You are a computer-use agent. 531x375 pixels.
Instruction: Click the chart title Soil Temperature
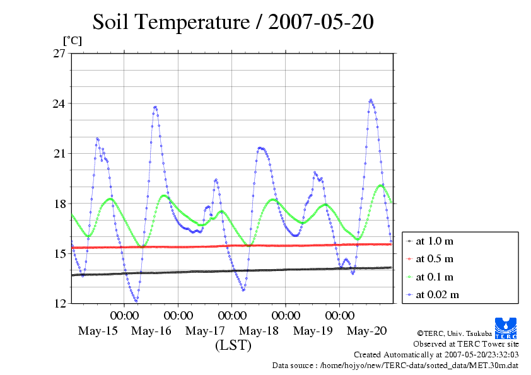(x=233, y=23)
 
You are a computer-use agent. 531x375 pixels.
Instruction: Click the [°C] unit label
(x=71, y=40)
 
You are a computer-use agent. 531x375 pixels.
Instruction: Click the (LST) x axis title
(x=233, y=346)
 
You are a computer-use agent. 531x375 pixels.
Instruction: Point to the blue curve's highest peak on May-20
(x=371, y=100)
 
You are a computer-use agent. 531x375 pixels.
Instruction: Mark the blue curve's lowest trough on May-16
(x=136, y=300)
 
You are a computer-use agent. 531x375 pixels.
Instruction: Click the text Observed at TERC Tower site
(x=466, y=344)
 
